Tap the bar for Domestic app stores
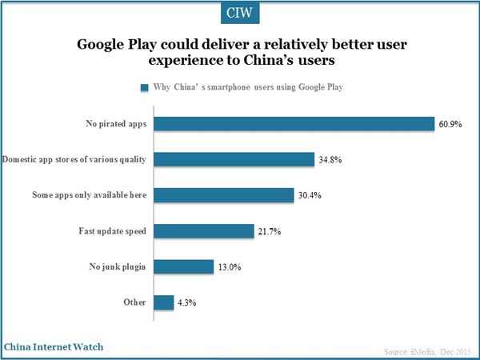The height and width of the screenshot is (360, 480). (234, 159)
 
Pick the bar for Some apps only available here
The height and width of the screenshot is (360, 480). (224, 195)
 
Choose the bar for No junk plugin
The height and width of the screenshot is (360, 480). (184, 267)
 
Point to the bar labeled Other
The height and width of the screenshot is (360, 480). (164, 302)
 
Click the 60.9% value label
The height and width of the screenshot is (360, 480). (450, 124)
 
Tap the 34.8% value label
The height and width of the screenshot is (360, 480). (331, 160)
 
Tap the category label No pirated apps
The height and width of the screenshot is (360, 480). (115, 124)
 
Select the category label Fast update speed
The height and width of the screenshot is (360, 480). (111, 231)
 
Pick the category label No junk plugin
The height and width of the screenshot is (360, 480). (117, 267)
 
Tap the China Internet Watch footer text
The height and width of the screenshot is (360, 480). (53, 347)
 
